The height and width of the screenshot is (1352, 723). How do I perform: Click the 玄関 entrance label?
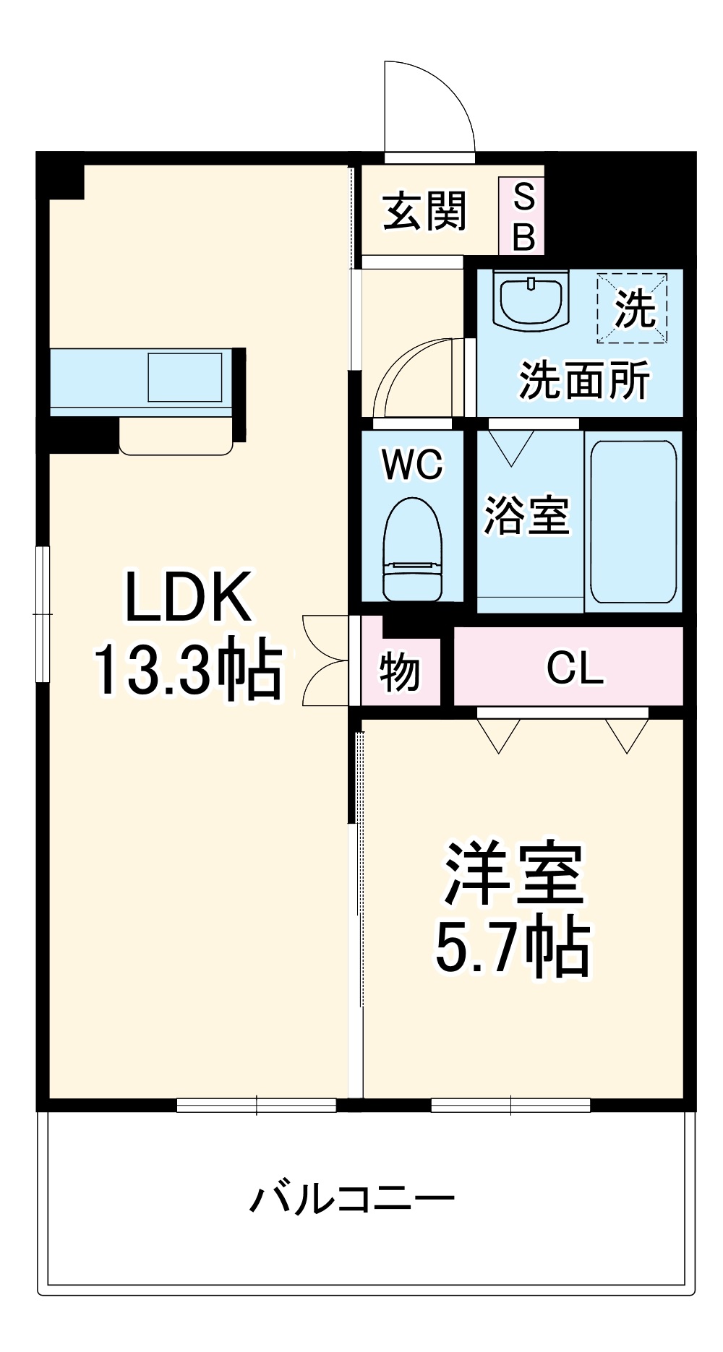coord(424,212)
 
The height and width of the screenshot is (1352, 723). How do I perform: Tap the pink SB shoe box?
coord(522,216)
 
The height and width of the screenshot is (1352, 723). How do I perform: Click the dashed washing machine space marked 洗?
coord(632,308)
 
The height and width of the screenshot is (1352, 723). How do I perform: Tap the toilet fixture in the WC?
coord(412,549)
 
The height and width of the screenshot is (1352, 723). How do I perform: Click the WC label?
coord(412,465)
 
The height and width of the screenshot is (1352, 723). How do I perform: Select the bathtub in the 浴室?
coord(633,521)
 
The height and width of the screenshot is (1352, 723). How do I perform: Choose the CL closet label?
coord(575,668)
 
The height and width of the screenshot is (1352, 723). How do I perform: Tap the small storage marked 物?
coord(400,672)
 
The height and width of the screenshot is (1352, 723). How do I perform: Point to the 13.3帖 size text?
coord(188,668)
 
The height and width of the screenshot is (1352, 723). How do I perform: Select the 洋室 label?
coord(514,874)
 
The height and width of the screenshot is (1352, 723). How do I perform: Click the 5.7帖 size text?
coord(513,946)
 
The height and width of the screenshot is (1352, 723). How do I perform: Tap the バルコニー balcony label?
coord(352,1200)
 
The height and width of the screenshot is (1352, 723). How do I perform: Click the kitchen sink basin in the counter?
coord(185,376)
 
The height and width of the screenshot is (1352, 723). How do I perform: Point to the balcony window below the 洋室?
coord(510,1105)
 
